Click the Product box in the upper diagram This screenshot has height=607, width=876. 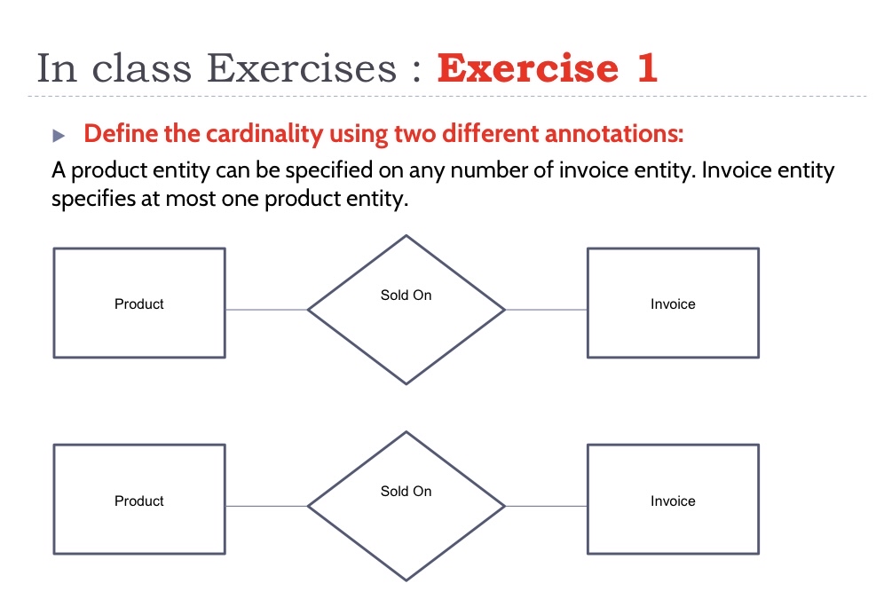(139, 303)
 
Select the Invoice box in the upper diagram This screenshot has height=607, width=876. (673, 303)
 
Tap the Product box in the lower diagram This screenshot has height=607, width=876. (139, 500)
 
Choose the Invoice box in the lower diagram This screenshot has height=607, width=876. (673, 500)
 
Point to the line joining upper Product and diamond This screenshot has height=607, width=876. (267, 310)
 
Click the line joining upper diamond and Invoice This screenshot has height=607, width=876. (546, 310)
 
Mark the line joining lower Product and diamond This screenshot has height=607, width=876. (267, 506)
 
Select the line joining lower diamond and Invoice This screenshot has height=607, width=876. (546, 506)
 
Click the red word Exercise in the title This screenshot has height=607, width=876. (528, 68)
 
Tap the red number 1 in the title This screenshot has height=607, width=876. (646, 68)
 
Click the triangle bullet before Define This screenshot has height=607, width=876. (59, 135)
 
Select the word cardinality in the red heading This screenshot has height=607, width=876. (264, 134)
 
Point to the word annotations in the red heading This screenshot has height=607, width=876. (614, 133)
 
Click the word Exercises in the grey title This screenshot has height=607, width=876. (301, 68)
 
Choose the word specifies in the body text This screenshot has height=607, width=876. (93, 199)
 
